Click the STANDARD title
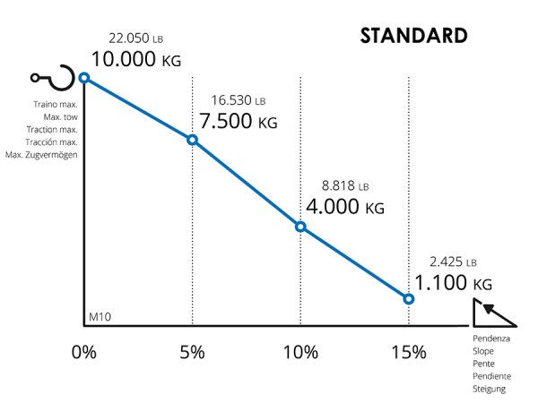(413, 36)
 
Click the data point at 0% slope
(84, 78)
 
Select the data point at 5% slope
(192, 140)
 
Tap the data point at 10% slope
(300, 227)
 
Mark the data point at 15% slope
(408, 298)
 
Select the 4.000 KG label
(344, 207)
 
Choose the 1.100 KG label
(453, 283)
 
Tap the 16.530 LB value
(239, 101)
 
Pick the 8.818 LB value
(344, 187)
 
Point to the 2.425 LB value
(452, 262)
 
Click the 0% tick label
(83, 352)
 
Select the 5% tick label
(192, 352)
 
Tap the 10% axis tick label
(300, 352)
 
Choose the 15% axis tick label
(408, 352)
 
